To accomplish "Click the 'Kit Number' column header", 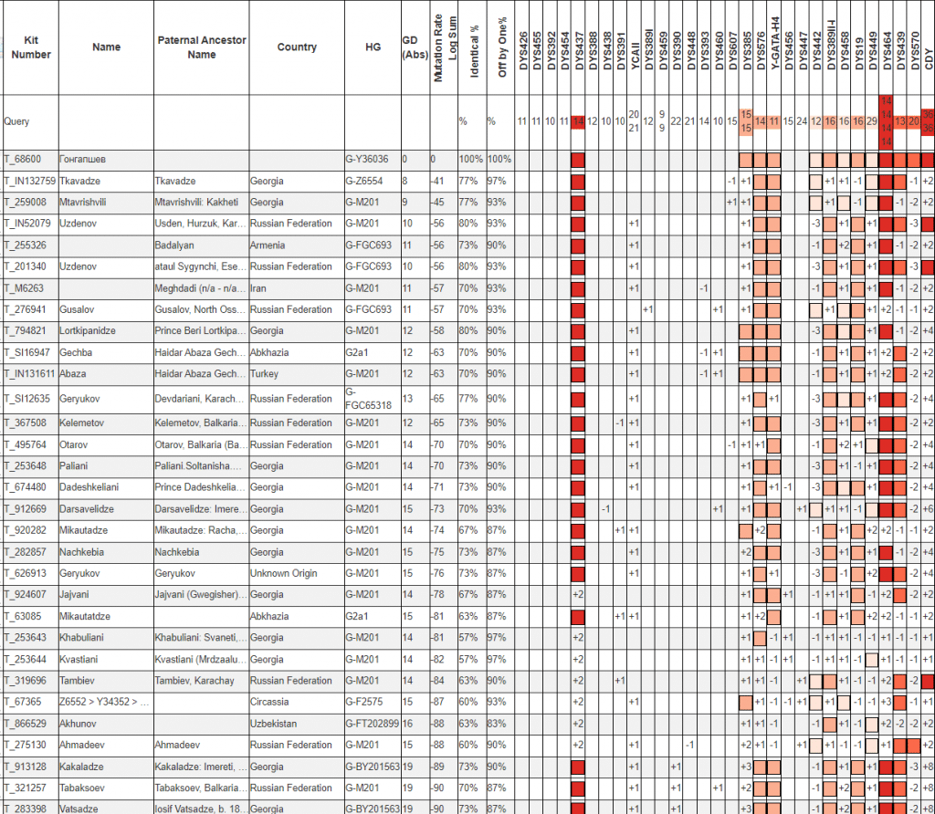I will click(x=31, y=47).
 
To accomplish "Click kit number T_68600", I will click(x=23, y=159).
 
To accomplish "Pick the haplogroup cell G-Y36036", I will click(x=370, y=159).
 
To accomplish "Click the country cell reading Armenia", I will click(x=268, y=245).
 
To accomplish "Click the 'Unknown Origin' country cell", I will click(x=283, y=573).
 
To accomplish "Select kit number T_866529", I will click(x=26, y=722).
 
